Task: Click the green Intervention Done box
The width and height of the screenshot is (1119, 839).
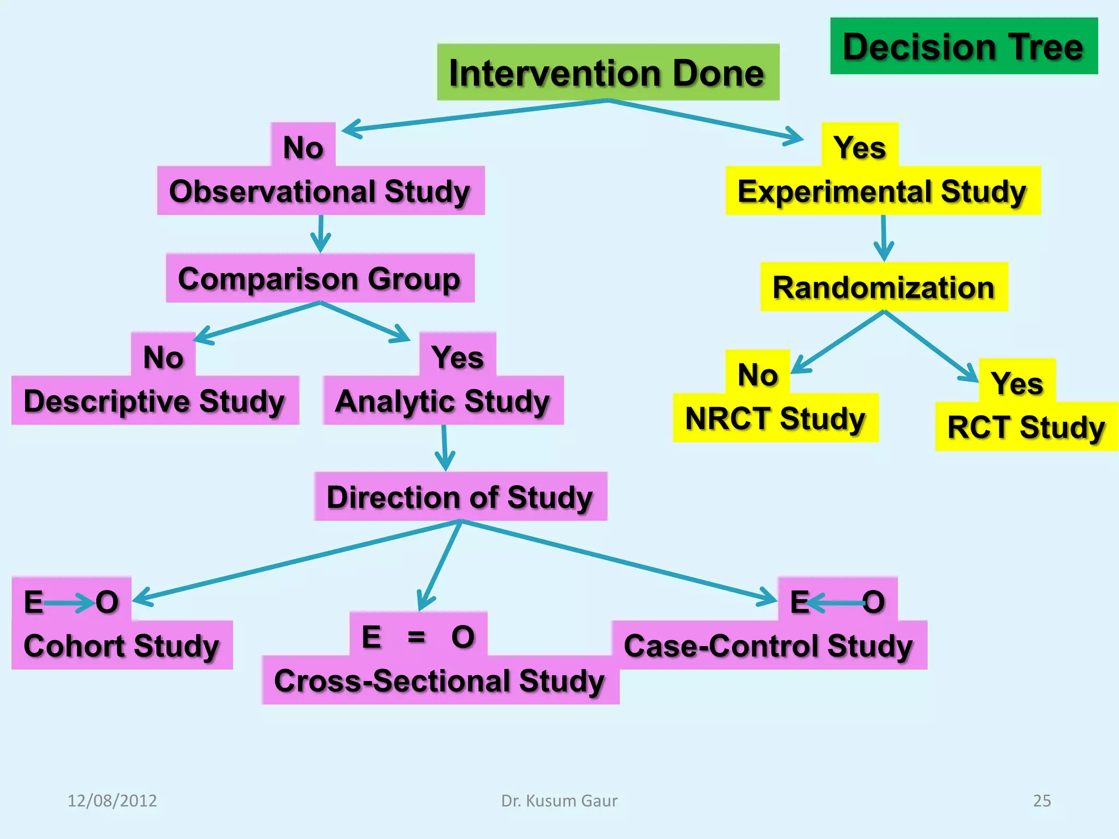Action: pyautogui.click(x=608, y=73)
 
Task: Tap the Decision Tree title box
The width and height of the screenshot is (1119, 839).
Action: pyautogui.click(x=963, y=46)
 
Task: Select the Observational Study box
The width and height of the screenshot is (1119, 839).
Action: pyautogui.click(x=321, y=191)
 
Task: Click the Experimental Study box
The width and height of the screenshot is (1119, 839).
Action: pyautogui.click(x=882, y=191)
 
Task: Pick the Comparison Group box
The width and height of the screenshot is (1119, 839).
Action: pyautogui.click(x=320, y=279)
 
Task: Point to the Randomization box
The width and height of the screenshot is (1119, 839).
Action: pyautogui.click(x=884, y=287)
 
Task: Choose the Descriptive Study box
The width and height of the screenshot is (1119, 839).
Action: pyautogui.click(x=155, y=401)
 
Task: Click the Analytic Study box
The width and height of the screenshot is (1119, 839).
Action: pyautogui.click(x=443, y=401)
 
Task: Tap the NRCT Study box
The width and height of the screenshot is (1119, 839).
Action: pyautogui.click(x=775, y=418)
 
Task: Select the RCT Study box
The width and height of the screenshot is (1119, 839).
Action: pyautogui.click(x=1026, y=427)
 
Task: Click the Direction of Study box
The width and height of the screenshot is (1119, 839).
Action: pyautogui.click(x=460, y=497)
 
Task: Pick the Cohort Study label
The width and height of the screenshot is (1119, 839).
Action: pyautogui.click(x=121, y=646)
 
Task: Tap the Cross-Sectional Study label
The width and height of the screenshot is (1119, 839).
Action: pyautogui.click(x=440, y=681)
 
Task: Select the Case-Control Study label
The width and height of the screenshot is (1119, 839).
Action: pyautogui.click(x=769, y=646)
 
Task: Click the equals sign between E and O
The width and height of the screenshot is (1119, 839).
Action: pyautogui.click(x=416, y=637)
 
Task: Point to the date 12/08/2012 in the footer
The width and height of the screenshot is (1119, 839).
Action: pyautogui.click(x=112, y=801)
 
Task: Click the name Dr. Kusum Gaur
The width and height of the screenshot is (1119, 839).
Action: pyautogui.click(x=559, y=801)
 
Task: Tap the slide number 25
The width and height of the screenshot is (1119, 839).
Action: pyautogui.click(x=1041, y=801)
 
